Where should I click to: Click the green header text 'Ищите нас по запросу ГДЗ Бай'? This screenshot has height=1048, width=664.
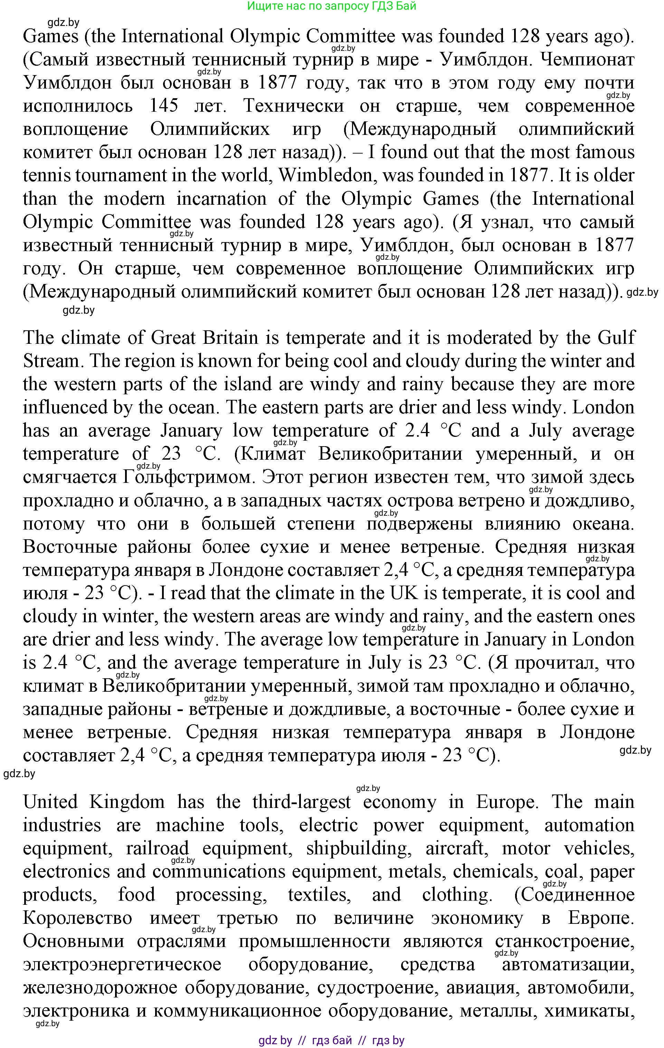tap(332, 6)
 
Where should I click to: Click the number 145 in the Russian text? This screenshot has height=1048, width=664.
tap(163, 106)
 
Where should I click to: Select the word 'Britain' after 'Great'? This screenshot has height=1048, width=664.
tap(230, 338)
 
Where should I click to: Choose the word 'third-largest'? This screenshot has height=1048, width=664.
tap(301, 802)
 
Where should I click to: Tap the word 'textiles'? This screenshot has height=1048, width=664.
tap(319, 894)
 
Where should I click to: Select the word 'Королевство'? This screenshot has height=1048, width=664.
tap(77, 918)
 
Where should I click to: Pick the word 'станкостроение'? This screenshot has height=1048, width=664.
tap(565, 941)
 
